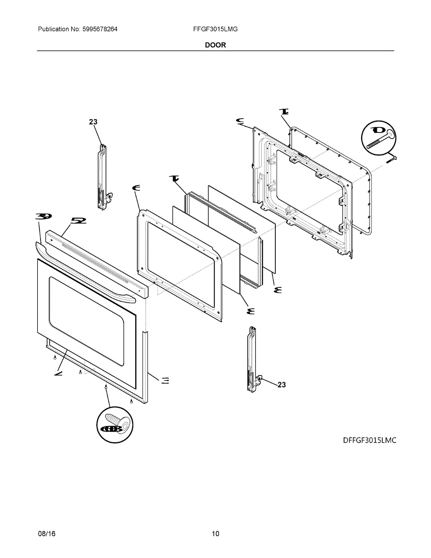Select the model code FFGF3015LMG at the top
click(x=215, y=29)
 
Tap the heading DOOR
click(x=215, y=45)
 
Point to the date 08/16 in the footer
click(x=46, y=534)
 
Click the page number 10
click(x=215, y=534)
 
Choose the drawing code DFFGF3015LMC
click(x=370, y=440)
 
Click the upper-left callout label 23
click(x=93, y=122)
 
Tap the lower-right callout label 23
click(x=282, y=385)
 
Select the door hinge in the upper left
click(x=103, y=177)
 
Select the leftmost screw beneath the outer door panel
click(x=55, y=357)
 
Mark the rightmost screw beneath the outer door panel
click(x=132, y=401)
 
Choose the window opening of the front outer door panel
click(x=86, y=321)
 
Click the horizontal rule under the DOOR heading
click(x=215, y=50)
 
